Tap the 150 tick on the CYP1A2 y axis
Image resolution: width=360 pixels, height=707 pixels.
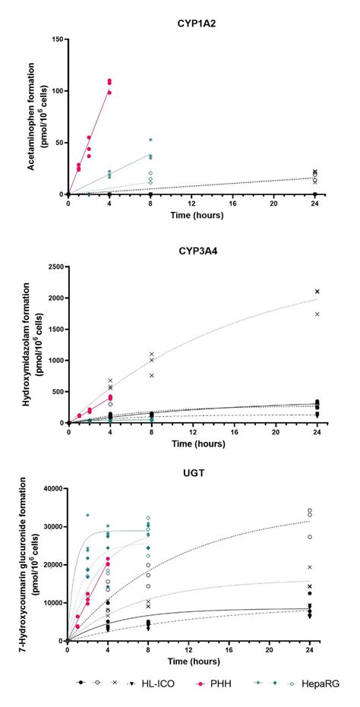click(55, 39)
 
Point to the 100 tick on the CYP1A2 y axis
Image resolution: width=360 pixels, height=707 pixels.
click(55, 90)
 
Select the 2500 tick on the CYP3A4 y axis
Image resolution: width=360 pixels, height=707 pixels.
click(52, 267)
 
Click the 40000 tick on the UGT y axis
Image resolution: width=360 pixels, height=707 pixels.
click(49, 489)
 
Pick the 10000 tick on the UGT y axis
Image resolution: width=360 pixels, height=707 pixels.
click(49, 603)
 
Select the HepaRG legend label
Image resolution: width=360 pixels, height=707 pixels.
click(308, 683)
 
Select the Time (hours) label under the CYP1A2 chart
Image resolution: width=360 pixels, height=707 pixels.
click(191, 216)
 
